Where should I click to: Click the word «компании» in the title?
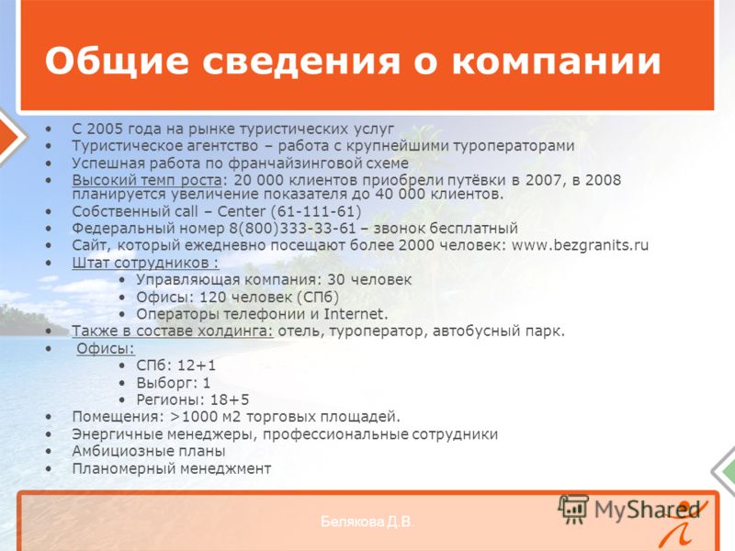pyautogui.click(x=557, y=61)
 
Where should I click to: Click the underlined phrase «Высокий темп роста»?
pyautogui.click(x=147, y=180)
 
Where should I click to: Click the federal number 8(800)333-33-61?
pyautogui.click(x=292, y=228)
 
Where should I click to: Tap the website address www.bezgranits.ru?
pyautogui.click(x=580, y=245)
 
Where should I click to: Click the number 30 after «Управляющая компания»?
pyautogui.click(x=336, y=280)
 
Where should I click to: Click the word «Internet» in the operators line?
pyautogui.click(x=355, y=313)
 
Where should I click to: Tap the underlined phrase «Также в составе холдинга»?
pyautogui.click(x=172, y=332)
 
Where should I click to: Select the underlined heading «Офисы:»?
pyautogui.click(x=106, y=348)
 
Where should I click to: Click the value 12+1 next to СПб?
pyautogui.click(x=197, y=365)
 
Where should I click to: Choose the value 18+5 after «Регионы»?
pyautogui.click(x=230, y=399)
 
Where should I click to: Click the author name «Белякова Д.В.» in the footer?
pyautogui.click(x=367, y=522)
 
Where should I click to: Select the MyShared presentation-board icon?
pyautogui.click(x=573, y=509)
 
